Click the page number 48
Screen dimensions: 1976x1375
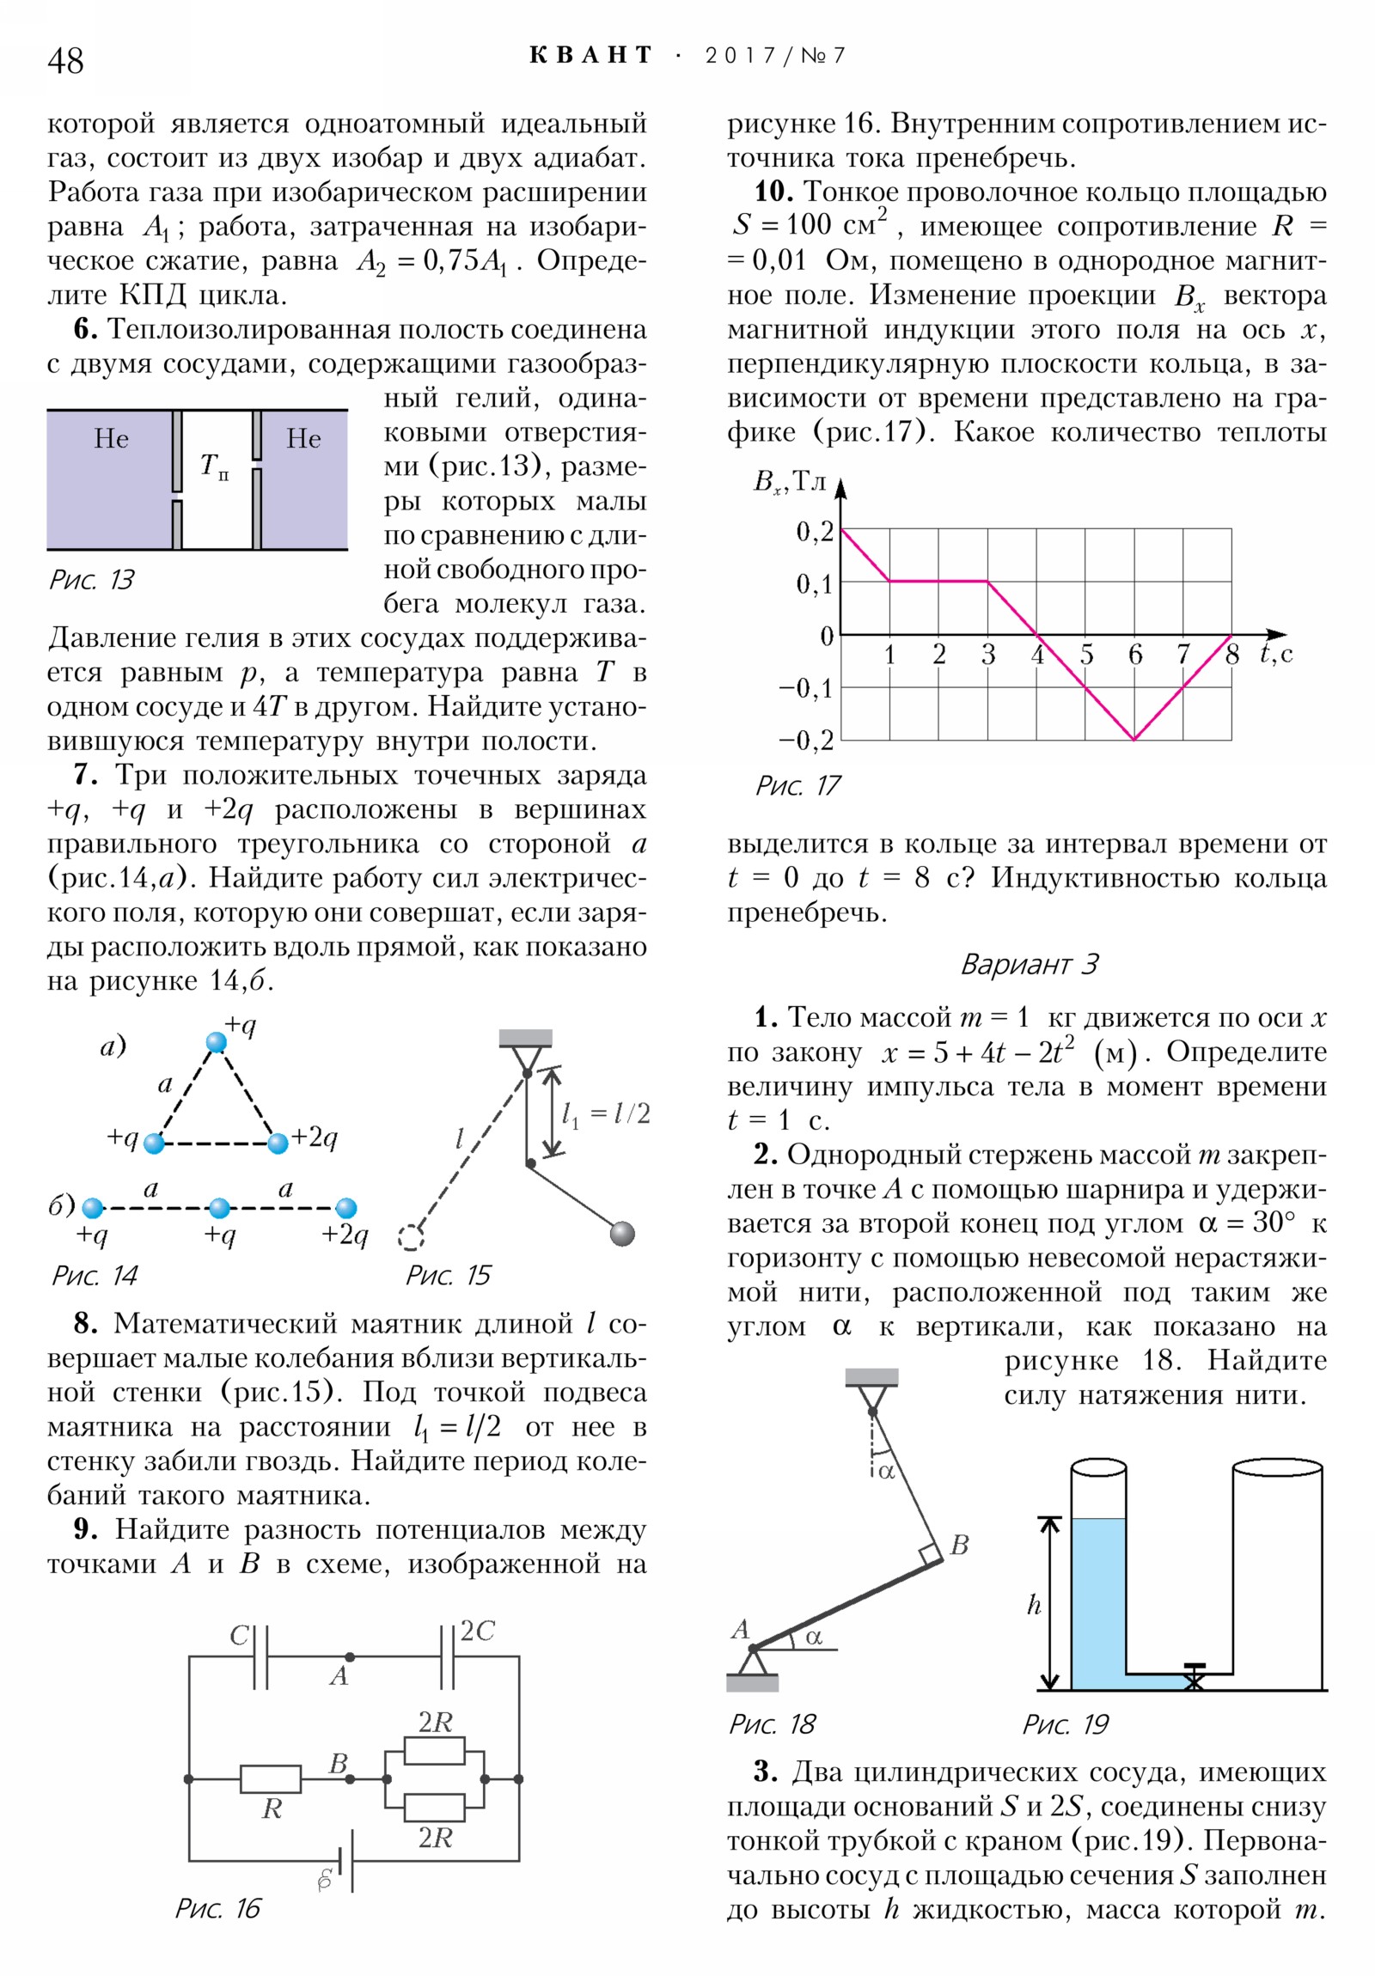click(65, 61)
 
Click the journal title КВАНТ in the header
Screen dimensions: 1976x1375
click(590, 56)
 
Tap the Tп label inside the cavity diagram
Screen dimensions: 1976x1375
click(213, 467)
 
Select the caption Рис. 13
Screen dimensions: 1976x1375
click(91, 579)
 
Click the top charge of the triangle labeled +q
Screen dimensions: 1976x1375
click(216, 1043)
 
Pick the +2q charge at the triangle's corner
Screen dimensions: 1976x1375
click(278, 1143)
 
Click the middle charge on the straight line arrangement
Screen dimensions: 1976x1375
click(219, 1208)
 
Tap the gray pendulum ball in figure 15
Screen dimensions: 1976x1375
click(621, 1233)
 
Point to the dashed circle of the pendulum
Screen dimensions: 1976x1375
click(411, 1238)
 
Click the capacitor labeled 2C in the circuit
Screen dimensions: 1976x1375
click(448, 1656)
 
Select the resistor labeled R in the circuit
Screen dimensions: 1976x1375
click(271, 1779)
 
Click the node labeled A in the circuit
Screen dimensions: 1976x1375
click(349, 1656)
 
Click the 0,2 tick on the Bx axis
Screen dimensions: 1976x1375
click(814, 531)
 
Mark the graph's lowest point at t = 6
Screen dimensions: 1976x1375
click(1134, 739)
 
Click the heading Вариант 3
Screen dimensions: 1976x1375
click(1029, 964)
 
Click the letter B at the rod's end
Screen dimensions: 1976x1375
click(959, 1545)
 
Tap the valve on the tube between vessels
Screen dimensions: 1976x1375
click(1195, 1674)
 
